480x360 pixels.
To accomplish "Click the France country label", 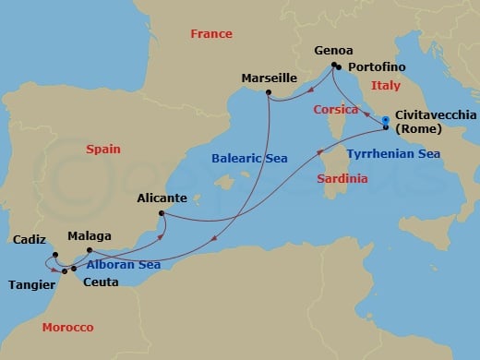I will point(210,34).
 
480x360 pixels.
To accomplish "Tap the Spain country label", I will point(104,148).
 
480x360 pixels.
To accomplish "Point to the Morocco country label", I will point(67,328).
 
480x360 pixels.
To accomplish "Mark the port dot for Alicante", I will point(162,214).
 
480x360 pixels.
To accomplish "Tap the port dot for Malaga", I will point(89,250).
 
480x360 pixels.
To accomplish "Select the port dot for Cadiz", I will point(54,255).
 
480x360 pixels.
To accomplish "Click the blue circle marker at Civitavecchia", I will point(385,119).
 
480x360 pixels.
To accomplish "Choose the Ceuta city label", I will point(100,282).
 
